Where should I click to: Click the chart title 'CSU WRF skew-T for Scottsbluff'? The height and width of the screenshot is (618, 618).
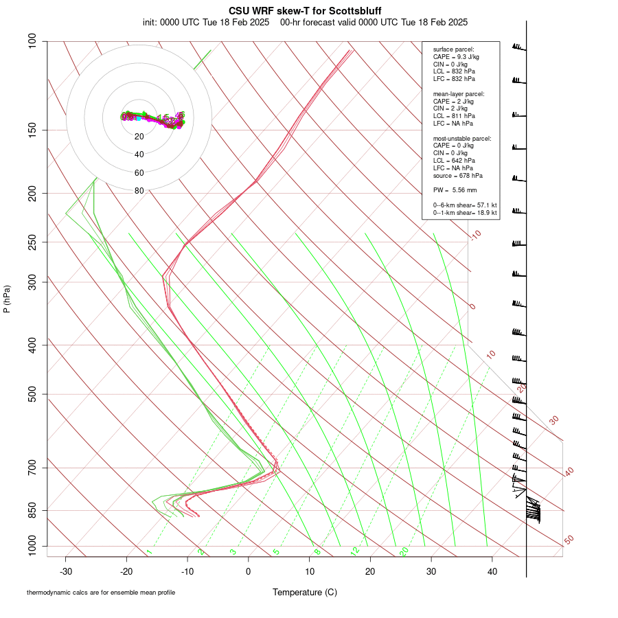pos(305,11)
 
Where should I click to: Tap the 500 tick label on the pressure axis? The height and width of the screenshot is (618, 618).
pos(32,394)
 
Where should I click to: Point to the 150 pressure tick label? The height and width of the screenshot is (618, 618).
pos(32,130)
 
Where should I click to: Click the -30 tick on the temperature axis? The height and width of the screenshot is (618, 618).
pos(66,571)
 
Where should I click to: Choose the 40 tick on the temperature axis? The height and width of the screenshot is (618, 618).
pos(492,571)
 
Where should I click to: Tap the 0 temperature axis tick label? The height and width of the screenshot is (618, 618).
pos(249,571)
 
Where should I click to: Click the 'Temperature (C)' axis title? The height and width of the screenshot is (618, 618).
pos(305,592)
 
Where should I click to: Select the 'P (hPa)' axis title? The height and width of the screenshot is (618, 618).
pos(7,299)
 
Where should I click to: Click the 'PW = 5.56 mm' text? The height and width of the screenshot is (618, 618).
pos(455,190)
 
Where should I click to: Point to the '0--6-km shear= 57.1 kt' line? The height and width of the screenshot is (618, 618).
pos(465,205)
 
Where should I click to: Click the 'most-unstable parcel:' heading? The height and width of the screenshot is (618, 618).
pos(462,139)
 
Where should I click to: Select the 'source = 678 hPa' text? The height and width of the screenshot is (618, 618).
pos(458,175)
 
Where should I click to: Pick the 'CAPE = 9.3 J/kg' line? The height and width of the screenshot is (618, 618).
pos(456,57)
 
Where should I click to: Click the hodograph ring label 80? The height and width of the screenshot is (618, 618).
pos(139,191)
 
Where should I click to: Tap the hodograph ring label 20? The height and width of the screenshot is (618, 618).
pos(139,137)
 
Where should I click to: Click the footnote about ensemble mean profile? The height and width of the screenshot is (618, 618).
pos(101,592)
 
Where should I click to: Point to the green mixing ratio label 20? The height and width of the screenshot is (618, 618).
pos(404,551)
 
